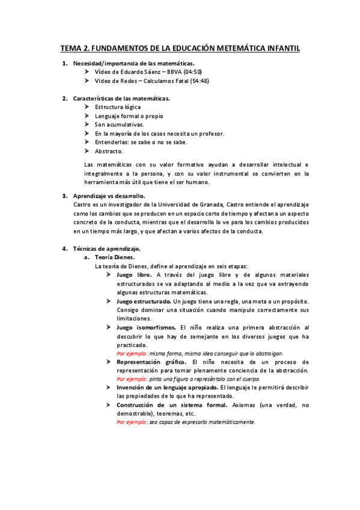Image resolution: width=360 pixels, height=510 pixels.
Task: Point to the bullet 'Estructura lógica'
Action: click(x=118, y=107)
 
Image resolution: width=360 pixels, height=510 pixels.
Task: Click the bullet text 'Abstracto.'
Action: click(x=109, y=151)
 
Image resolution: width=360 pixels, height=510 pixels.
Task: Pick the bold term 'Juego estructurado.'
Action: click(x=144, y=301)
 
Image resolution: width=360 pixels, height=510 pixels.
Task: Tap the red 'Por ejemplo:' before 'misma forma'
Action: click(x=132, y=354)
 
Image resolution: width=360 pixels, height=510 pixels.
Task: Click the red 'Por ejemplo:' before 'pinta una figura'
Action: click(x=132, y=380)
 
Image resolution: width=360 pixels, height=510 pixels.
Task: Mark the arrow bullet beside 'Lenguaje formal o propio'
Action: click(x=88, y=116)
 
